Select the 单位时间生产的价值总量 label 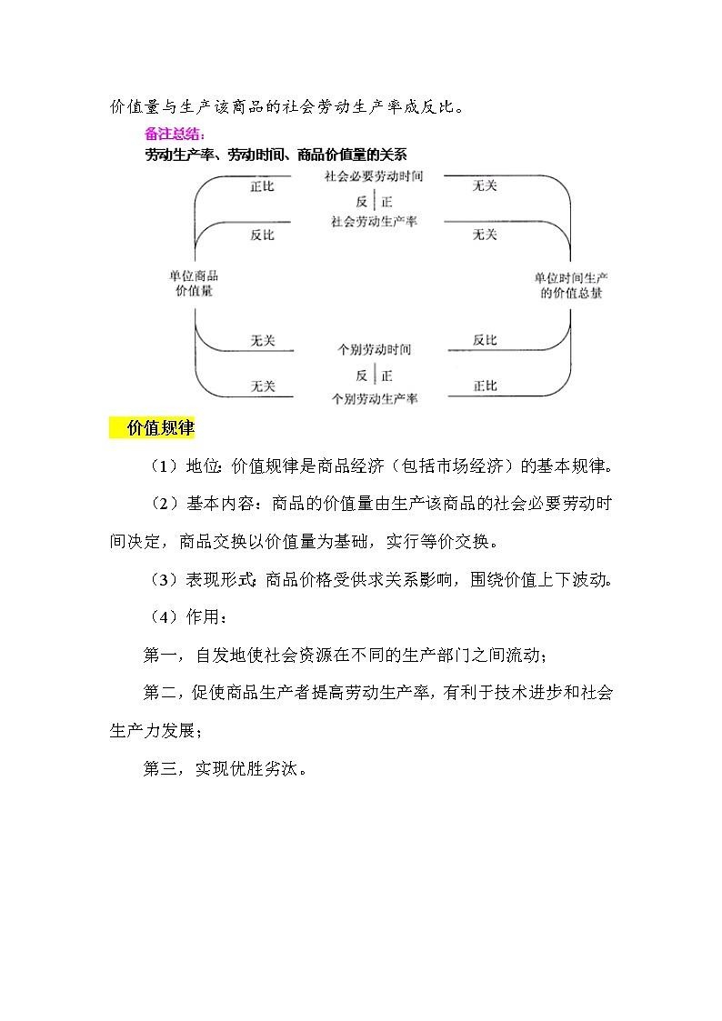(570, 285)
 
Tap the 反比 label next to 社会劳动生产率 (262, 235)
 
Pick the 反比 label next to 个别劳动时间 (485, 340)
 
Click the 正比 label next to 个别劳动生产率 (485, 385)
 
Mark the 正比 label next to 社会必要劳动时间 (262, 185)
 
